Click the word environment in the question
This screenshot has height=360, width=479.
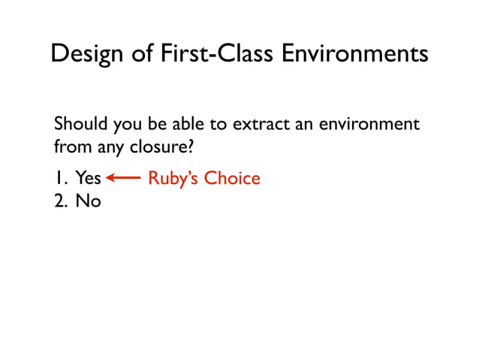coord(369,123)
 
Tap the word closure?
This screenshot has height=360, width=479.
coord(158,147)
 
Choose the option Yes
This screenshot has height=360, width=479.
coord(88,178)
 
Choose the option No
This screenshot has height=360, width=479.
coord(88,201)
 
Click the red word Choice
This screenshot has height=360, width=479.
coord(232,178)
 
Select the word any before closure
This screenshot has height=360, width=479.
coord(110,147)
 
